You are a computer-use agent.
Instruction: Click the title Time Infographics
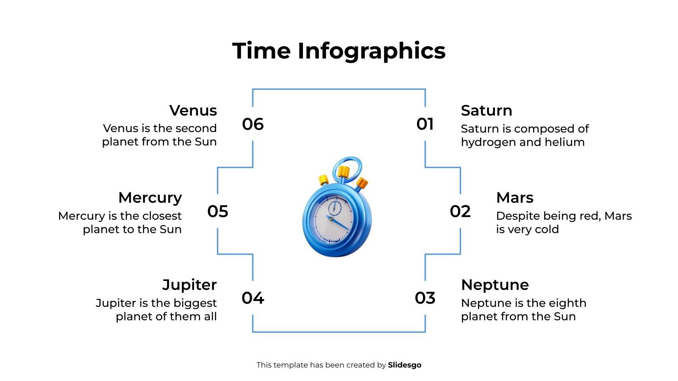click(x=339, y=51)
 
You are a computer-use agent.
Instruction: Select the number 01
click(x=425, y=124)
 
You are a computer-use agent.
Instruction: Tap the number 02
click(x=460, y=211)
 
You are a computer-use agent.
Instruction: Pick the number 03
click(x=425, y=298)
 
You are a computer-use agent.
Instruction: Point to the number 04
click(x=253, y=298)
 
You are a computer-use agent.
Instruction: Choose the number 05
click(x=218, y=211)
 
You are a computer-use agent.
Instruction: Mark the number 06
click(x=253, y=124)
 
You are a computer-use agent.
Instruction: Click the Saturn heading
click(x=486, y=110)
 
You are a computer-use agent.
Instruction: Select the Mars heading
click(x=514, y=198)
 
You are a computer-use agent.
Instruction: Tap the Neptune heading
click(x=495, y=285)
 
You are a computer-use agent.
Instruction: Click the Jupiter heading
click(x=189, y=285)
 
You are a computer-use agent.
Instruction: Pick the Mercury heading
click(x=150, y=198)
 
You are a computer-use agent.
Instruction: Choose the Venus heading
click(x=193, y=110)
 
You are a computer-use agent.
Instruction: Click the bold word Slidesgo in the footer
click(x=405, y=365)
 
